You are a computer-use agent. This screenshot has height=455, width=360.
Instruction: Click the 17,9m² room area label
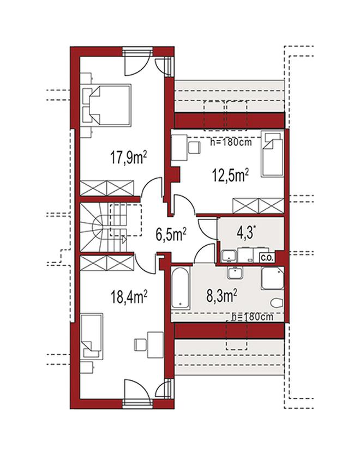coord(128,158)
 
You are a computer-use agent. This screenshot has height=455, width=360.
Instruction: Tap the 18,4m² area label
coord(128,297)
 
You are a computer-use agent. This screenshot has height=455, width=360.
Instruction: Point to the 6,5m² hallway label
coord(171,234)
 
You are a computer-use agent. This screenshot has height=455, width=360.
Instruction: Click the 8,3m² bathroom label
coord(221,296)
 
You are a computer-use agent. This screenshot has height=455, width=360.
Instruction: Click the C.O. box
coord(267,258)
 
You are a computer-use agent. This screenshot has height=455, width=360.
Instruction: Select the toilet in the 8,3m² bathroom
coord(277,302)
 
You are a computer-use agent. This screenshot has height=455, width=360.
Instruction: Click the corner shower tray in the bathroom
coord(272,278)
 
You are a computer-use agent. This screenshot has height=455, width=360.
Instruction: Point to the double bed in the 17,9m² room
coord(106,105)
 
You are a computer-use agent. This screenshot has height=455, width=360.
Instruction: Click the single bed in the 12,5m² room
coord(272,154)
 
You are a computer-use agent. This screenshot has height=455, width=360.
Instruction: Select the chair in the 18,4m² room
coord(141,345)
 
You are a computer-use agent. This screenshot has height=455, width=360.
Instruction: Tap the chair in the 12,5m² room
coord(194,148)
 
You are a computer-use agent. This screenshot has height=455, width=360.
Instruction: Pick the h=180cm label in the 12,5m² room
coord(231,142)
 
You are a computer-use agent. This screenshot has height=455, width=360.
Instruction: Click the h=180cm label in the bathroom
coord(253,317)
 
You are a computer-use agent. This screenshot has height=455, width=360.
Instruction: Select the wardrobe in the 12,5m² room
coord(258,206)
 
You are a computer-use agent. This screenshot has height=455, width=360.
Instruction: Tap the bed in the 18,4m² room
coord(92,336)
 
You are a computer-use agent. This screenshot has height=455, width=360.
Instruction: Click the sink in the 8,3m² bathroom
coord(235,273)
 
